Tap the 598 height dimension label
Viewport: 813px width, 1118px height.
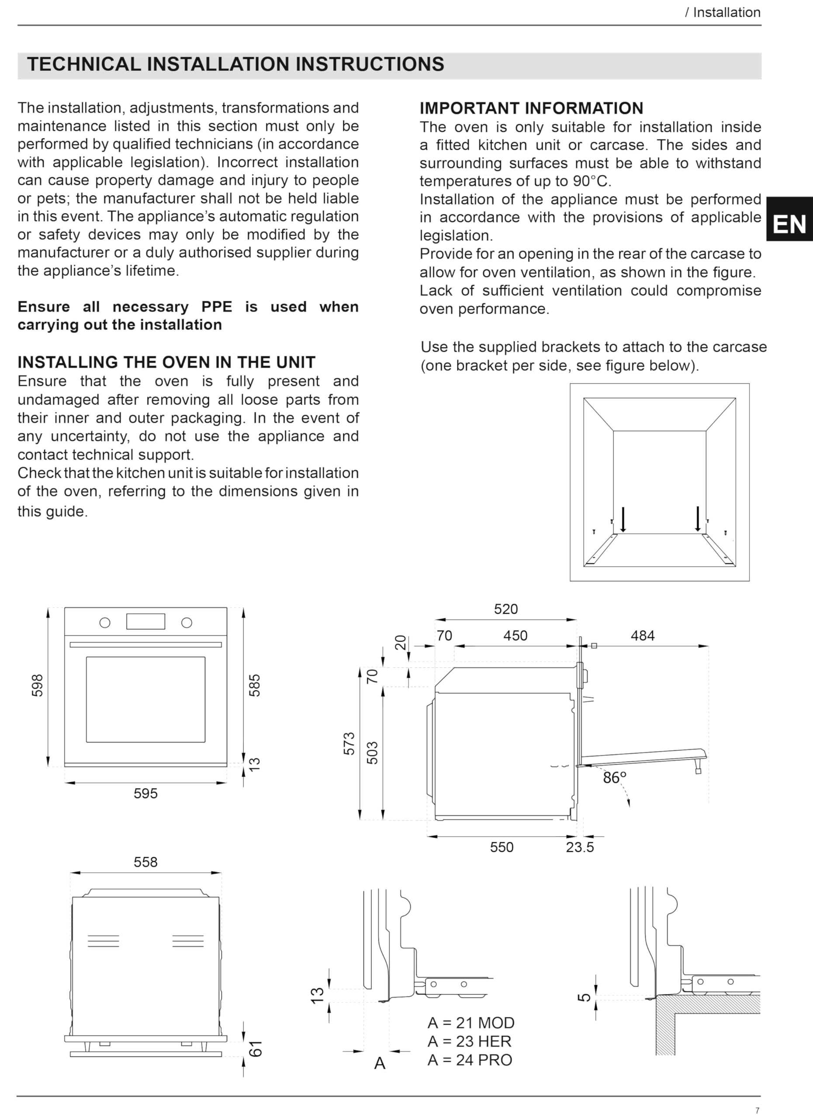[38, 685]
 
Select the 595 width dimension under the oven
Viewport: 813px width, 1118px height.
[145, 794]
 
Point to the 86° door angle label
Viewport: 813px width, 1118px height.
[614, 778]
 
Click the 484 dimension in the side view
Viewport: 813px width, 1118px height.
[643, 635]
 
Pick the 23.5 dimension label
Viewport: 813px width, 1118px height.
[580, 847]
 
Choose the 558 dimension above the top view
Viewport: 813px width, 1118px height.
[145, 862]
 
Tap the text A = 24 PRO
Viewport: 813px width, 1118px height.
[470, 1060]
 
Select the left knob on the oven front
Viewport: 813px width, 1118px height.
[105, 623]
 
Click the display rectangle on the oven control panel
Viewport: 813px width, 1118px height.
[145, 621]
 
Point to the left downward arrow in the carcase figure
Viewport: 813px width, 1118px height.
[623, 520]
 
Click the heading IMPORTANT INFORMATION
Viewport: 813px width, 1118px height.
[532, 108]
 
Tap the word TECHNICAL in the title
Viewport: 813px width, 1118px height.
[84, 64]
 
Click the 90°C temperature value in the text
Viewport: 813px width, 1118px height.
[592, 181]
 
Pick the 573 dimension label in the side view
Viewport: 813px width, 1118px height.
[349, 743]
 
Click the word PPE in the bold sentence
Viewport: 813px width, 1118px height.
[216, 307]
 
